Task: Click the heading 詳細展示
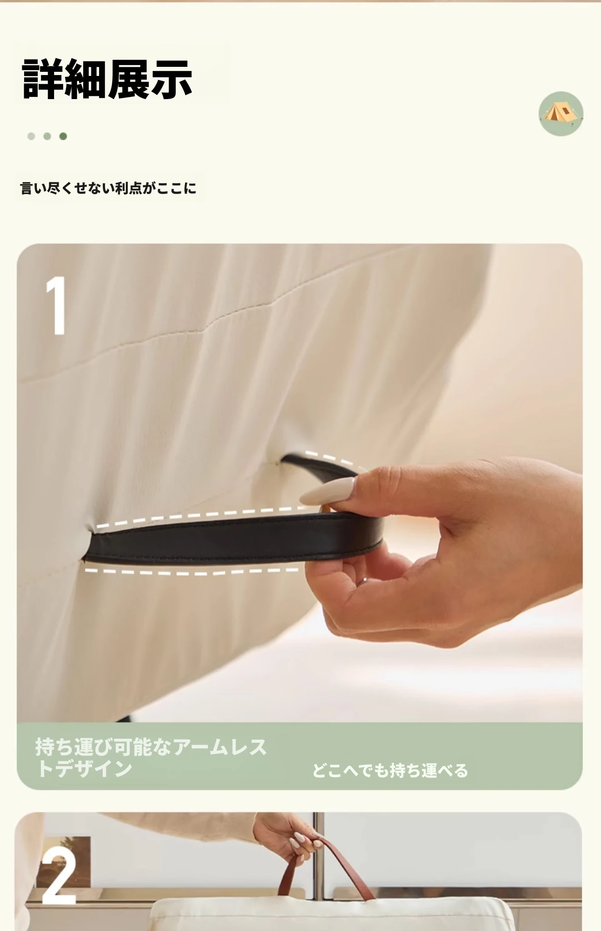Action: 108,80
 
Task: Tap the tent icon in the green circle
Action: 561,113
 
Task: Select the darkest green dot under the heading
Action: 63,136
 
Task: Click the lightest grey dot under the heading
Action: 31,136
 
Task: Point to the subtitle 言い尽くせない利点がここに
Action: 109,188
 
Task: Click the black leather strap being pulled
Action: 227,539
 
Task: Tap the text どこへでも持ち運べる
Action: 390,771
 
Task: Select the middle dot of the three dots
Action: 47,136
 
